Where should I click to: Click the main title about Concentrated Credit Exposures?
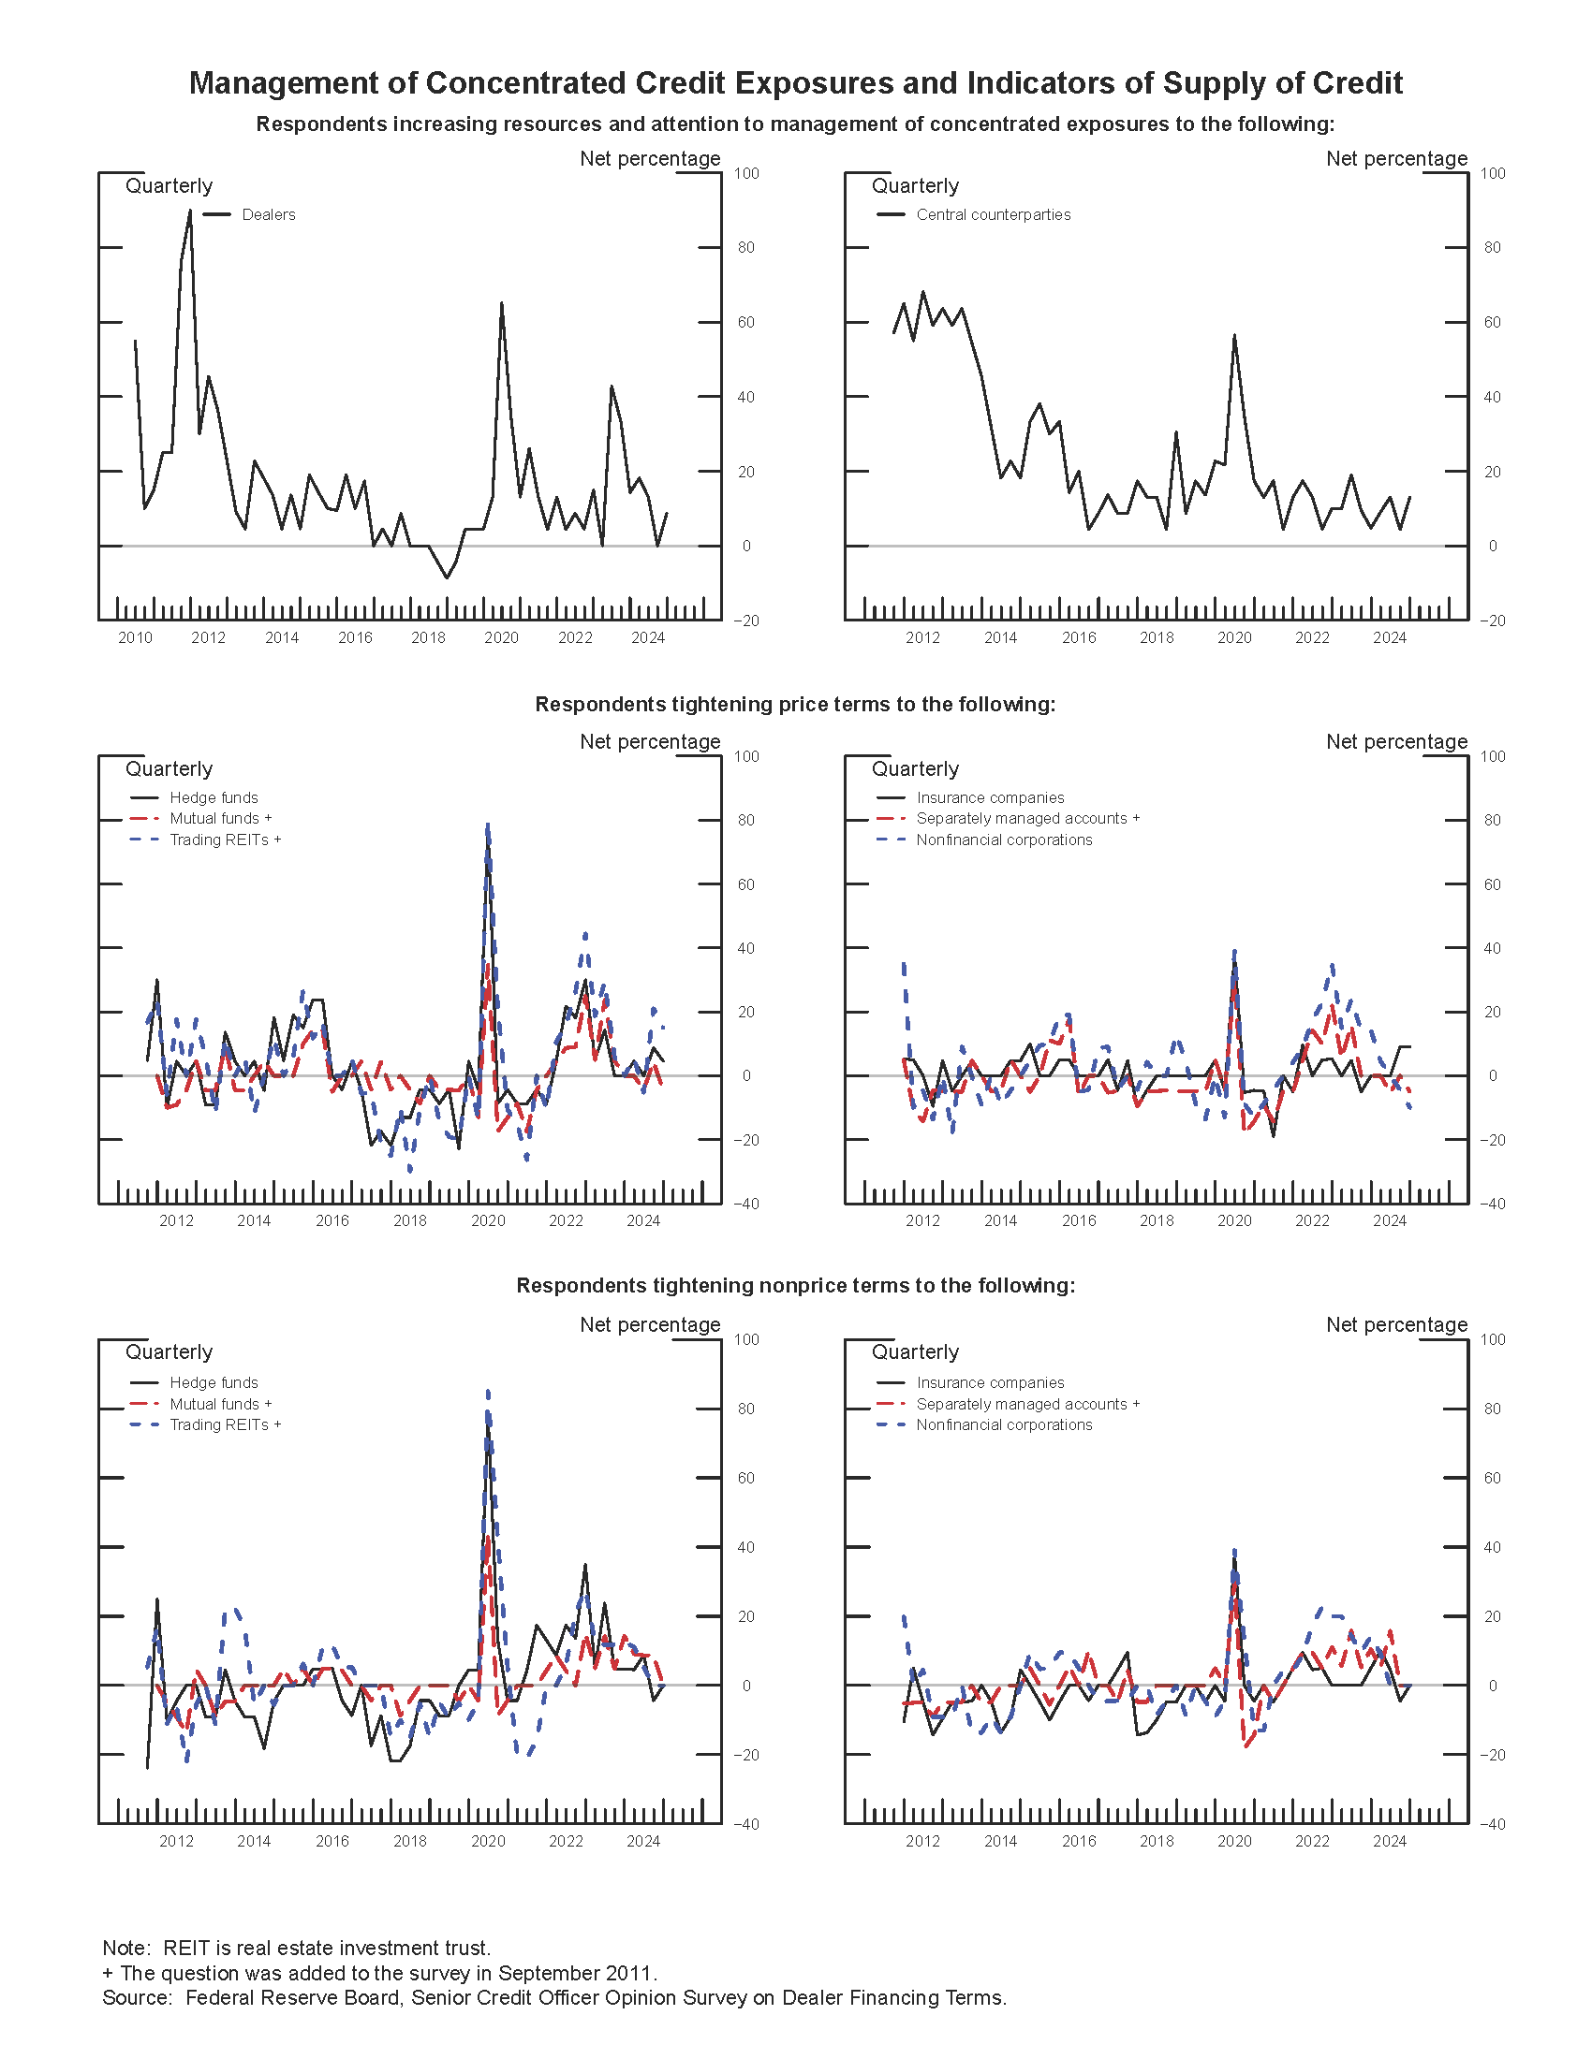[x=795, y=83]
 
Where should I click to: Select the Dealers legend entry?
[x=268, y=215]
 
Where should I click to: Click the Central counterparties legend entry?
[x=992, y=215]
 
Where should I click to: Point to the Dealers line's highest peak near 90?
[x=189, y=211]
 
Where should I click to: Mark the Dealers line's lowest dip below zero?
[x=446, y=577]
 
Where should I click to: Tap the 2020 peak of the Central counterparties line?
[x=1233, y=335]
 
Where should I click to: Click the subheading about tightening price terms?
[x=795, y=704]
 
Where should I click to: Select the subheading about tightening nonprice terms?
[x=795, y=1286]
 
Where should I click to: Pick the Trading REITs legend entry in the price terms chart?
[x=225, y=840]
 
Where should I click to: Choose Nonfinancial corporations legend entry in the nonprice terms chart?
[x=1004, y=1424]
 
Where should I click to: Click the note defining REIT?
[x=296, y=1948]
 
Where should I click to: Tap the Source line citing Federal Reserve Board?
[x=553, y=1998]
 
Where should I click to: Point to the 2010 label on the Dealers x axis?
[x=135, y=638]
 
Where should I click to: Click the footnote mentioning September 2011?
[x=379, y=1973]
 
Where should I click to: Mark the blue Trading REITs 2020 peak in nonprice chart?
[x=488, y=1392]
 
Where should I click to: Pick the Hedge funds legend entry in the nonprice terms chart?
[x=214, y=1382]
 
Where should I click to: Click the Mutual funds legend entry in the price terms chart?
[x=220, y=818]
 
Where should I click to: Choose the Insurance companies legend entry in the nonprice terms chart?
[x=989, y=1382]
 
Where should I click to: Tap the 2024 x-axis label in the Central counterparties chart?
[x=1389, y=638]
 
